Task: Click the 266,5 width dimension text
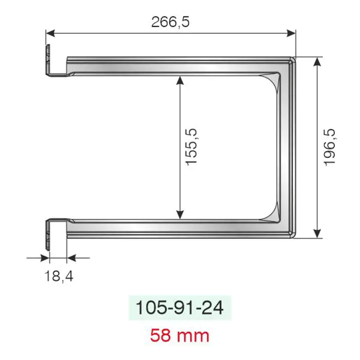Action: [x=170, y=22]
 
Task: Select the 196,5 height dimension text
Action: [x=330, y=147]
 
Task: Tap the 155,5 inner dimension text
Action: [x=191, y=147]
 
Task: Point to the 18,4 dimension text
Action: [x=59, y=276]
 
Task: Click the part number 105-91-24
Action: [x=179, y=308]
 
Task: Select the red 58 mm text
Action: [x=179, y=336]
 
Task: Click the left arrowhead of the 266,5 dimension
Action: [x=50, y=33]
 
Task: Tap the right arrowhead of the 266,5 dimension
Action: [x=291, y=33]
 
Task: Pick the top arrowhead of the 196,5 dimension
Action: [x=317, y=62]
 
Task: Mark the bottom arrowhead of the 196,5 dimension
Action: [x=317, y=233]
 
